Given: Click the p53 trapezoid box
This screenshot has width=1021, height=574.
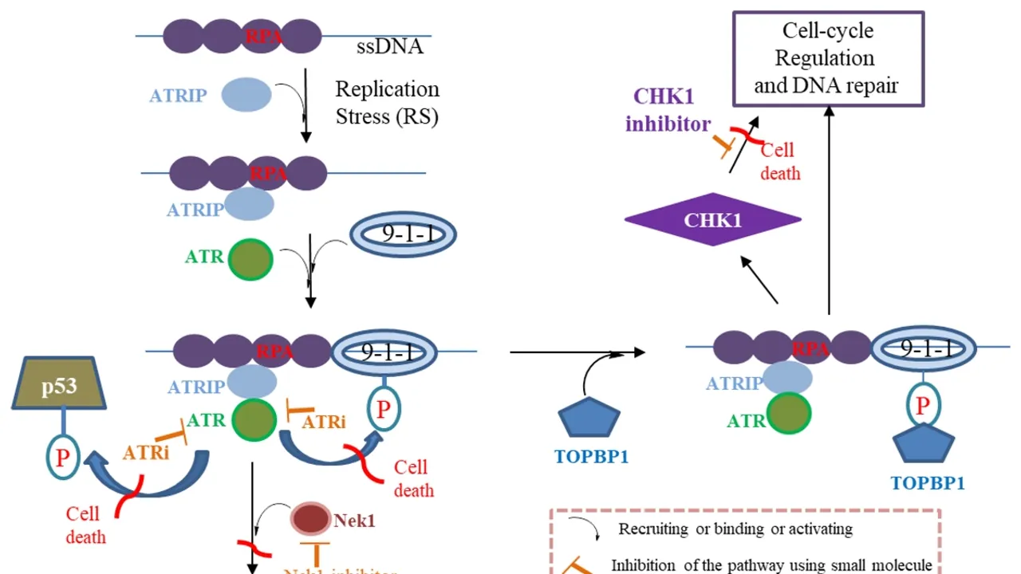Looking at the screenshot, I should coord(59,385).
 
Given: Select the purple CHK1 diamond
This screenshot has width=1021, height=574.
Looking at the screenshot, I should coord(712,220).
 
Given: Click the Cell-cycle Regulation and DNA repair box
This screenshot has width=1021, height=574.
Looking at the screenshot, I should coord(828,58).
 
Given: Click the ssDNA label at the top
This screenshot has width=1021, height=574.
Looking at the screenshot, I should coord(389,47).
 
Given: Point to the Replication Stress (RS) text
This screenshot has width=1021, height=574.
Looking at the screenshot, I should coord(387,102).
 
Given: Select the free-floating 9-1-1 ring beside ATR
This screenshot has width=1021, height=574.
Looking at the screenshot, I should coord(403,234).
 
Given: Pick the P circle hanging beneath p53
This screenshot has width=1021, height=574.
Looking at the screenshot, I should coord(62,459).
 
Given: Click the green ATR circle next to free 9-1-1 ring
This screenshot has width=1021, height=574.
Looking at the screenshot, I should coord(250,260).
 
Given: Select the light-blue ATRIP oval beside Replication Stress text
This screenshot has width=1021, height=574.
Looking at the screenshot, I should coord(246,95).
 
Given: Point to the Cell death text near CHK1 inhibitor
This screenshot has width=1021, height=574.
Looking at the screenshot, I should coord(779,161).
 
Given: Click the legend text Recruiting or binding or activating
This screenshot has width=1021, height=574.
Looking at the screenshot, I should coord(735,529).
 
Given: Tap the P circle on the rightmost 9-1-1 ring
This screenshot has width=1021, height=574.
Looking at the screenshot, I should coord(923,405).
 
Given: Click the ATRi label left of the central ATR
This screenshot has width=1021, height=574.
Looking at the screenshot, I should coord(146,452).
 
